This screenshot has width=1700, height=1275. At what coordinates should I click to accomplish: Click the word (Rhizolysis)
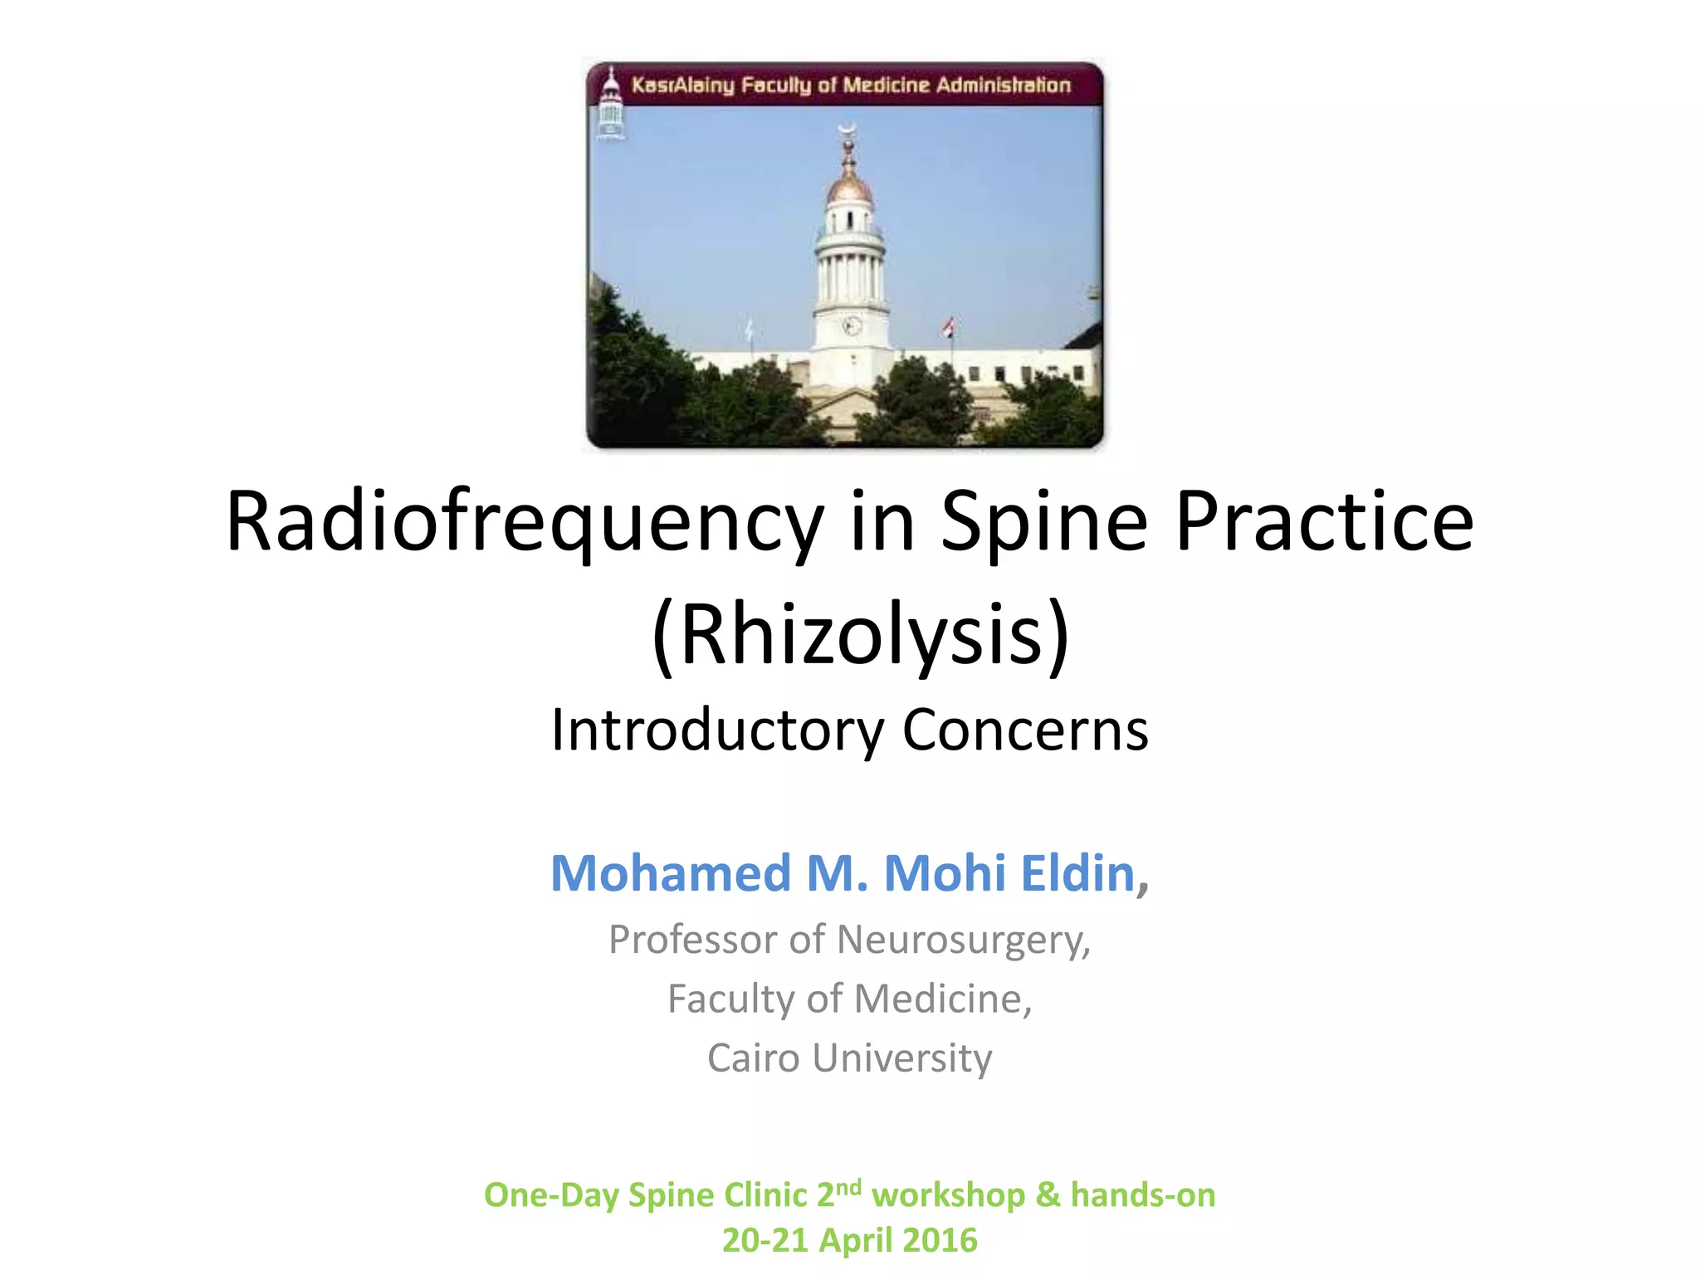(x=861, y=635)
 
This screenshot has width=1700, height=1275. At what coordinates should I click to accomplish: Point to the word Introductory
(x=717, y=730)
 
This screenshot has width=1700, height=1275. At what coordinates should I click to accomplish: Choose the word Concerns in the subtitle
(x=1025, y=730)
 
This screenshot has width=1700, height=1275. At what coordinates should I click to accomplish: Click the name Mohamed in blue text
(x=671, y=873)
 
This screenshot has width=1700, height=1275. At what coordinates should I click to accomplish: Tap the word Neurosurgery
(x=963, y=940)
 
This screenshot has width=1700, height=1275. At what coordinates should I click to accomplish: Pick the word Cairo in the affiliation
(x=754, y=1058)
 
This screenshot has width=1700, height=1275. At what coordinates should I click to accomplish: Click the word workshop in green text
(x=949, y=1195)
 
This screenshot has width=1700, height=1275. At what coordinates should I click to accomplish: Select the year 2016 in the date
(x=940, y=1241)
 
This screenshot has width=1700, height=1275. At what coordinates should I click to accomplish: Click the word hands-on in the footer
(x=1143, y=1195)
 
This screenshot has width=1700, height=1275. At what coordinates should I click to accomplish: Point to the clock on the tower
(x=851, y=326)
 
